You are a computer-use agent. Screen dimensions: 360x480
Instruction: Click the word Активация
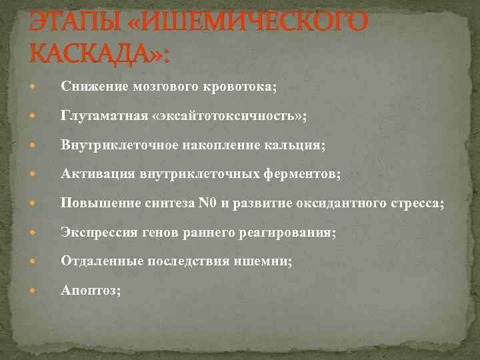click(x=98, y=174)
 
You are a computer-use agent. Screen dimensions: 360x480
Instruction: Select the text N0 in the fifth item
click(x=207, y=203)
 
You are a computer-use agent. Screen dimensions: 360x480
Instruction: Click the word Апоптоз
click(x=90, y=291)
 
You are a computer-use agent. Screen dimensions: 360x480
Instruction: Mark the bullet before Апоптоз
click(x=43, y=291)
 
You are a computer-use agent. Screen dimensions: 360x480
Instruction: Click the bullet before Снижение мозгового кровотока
click(x=43, y=87)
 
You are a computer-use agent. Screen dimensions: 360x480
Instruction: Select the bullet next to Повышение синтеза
click(x=43, y=203)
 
